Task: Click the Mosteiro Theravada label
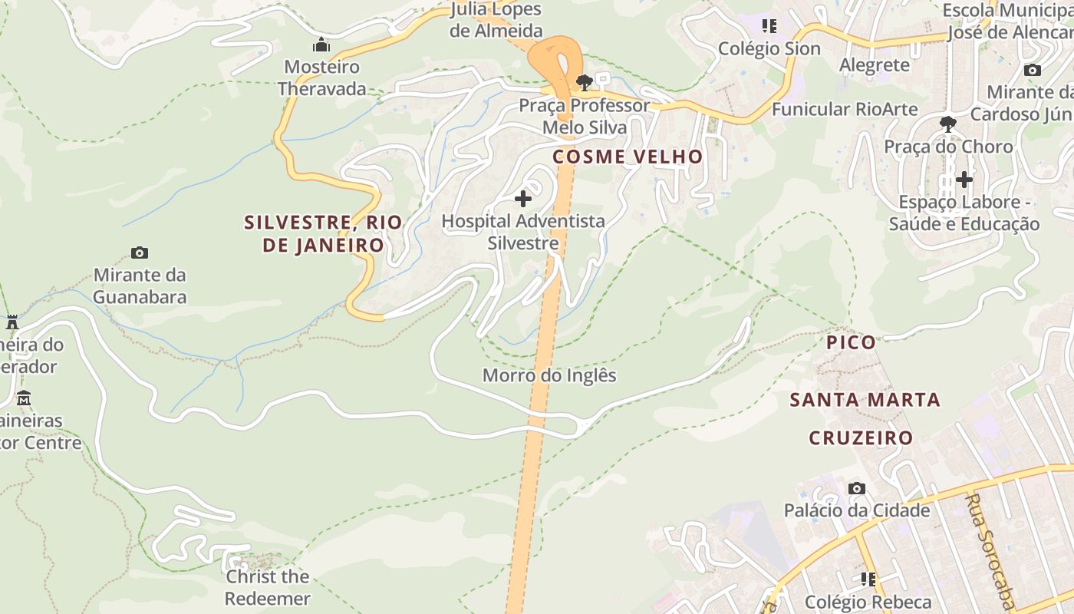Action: tap(321, 78)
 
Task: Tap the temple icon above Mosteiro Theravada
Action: tap(321, 45)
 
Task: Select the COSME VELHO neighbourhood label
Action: tap(628, 157)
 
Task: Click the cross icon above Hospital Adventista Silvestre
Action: tap(523, 199)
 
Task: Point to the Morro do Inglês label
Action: tap(549, 376)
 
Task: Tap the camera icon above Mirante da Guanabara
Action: tap(140, 253)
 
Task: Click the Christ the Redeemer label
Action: tap(267, 587)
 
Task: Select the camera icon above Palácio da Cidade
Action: tap(857, 488)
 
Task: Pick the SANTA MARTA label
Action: tap(865, 400)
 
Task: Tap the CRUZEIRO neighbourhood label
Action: tap(861, 438)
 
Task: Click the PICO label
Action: tap(851, 342)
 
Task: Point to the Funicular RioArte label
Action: tap(844, 109)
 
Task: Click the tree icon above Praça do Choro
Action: tap(948, 124)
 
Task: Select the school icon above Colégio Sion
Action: tap(769, 26)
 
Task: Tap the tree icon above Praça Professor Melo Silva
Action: tap(585, 82)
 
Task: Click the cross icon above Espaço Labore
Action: tap(964, 180)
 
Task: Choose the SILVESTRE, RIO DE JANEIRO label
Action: tap(323, 233)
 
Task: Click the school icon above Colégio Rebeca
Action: tap(868, 579)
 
